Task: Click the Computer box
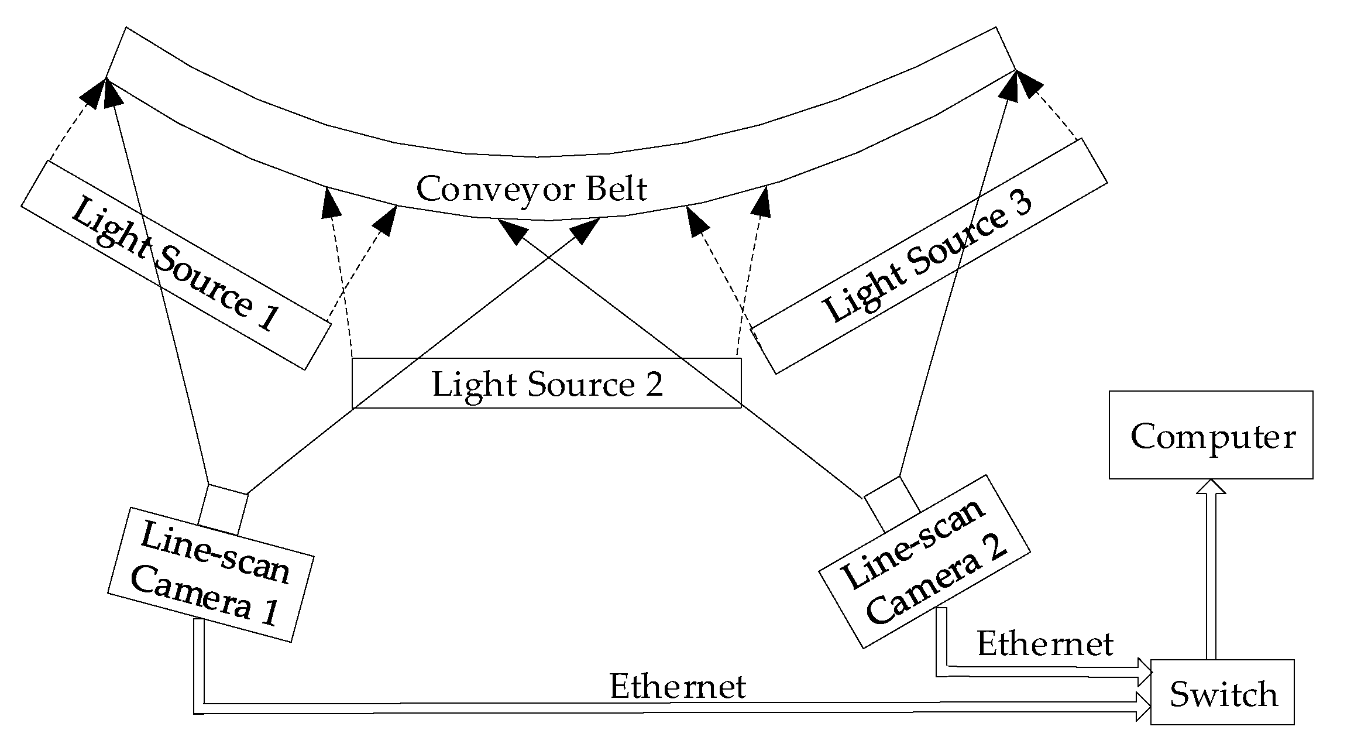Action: pos(1211,435)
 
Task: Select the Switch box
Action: pos(1222,692)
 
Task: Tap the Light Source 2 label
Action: pos(547,385)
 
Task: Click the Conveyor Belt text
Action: pos(531,189)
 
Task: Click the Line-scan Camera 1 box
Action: pos(211,574)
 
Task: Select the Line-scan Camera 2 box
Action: pos(924,562)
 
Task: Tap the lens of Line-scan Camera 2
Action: pos(892,502)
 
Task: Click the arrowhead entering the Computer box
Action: pos(1211,487)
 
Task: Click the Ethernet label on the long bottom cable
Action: pos(678,686)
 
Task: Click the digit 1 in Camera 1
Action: pos(269,612)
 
